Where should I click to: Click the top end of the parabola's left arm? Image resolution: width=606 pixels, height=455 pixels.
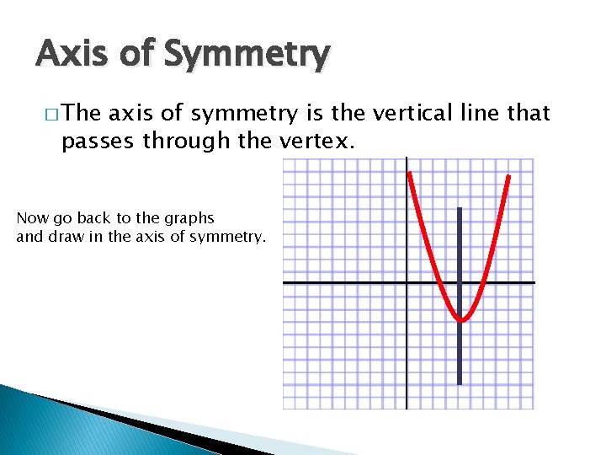pos(409,174)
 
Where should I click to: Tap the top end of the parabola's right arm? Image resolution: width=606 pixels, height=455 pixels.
pos(509,176)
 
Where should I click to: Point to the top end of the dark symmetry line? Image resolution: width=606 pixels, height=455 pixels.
pos(460,209)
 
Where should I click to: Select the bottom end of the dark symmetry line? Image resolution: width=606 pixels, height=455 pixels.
pos(460,384)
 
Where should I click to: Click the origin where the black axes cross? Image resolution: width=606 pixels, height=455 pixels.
pos(407,282)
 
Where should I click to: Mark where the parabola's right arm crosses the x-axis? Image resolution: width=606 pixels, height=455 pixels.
pos(481,282)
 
